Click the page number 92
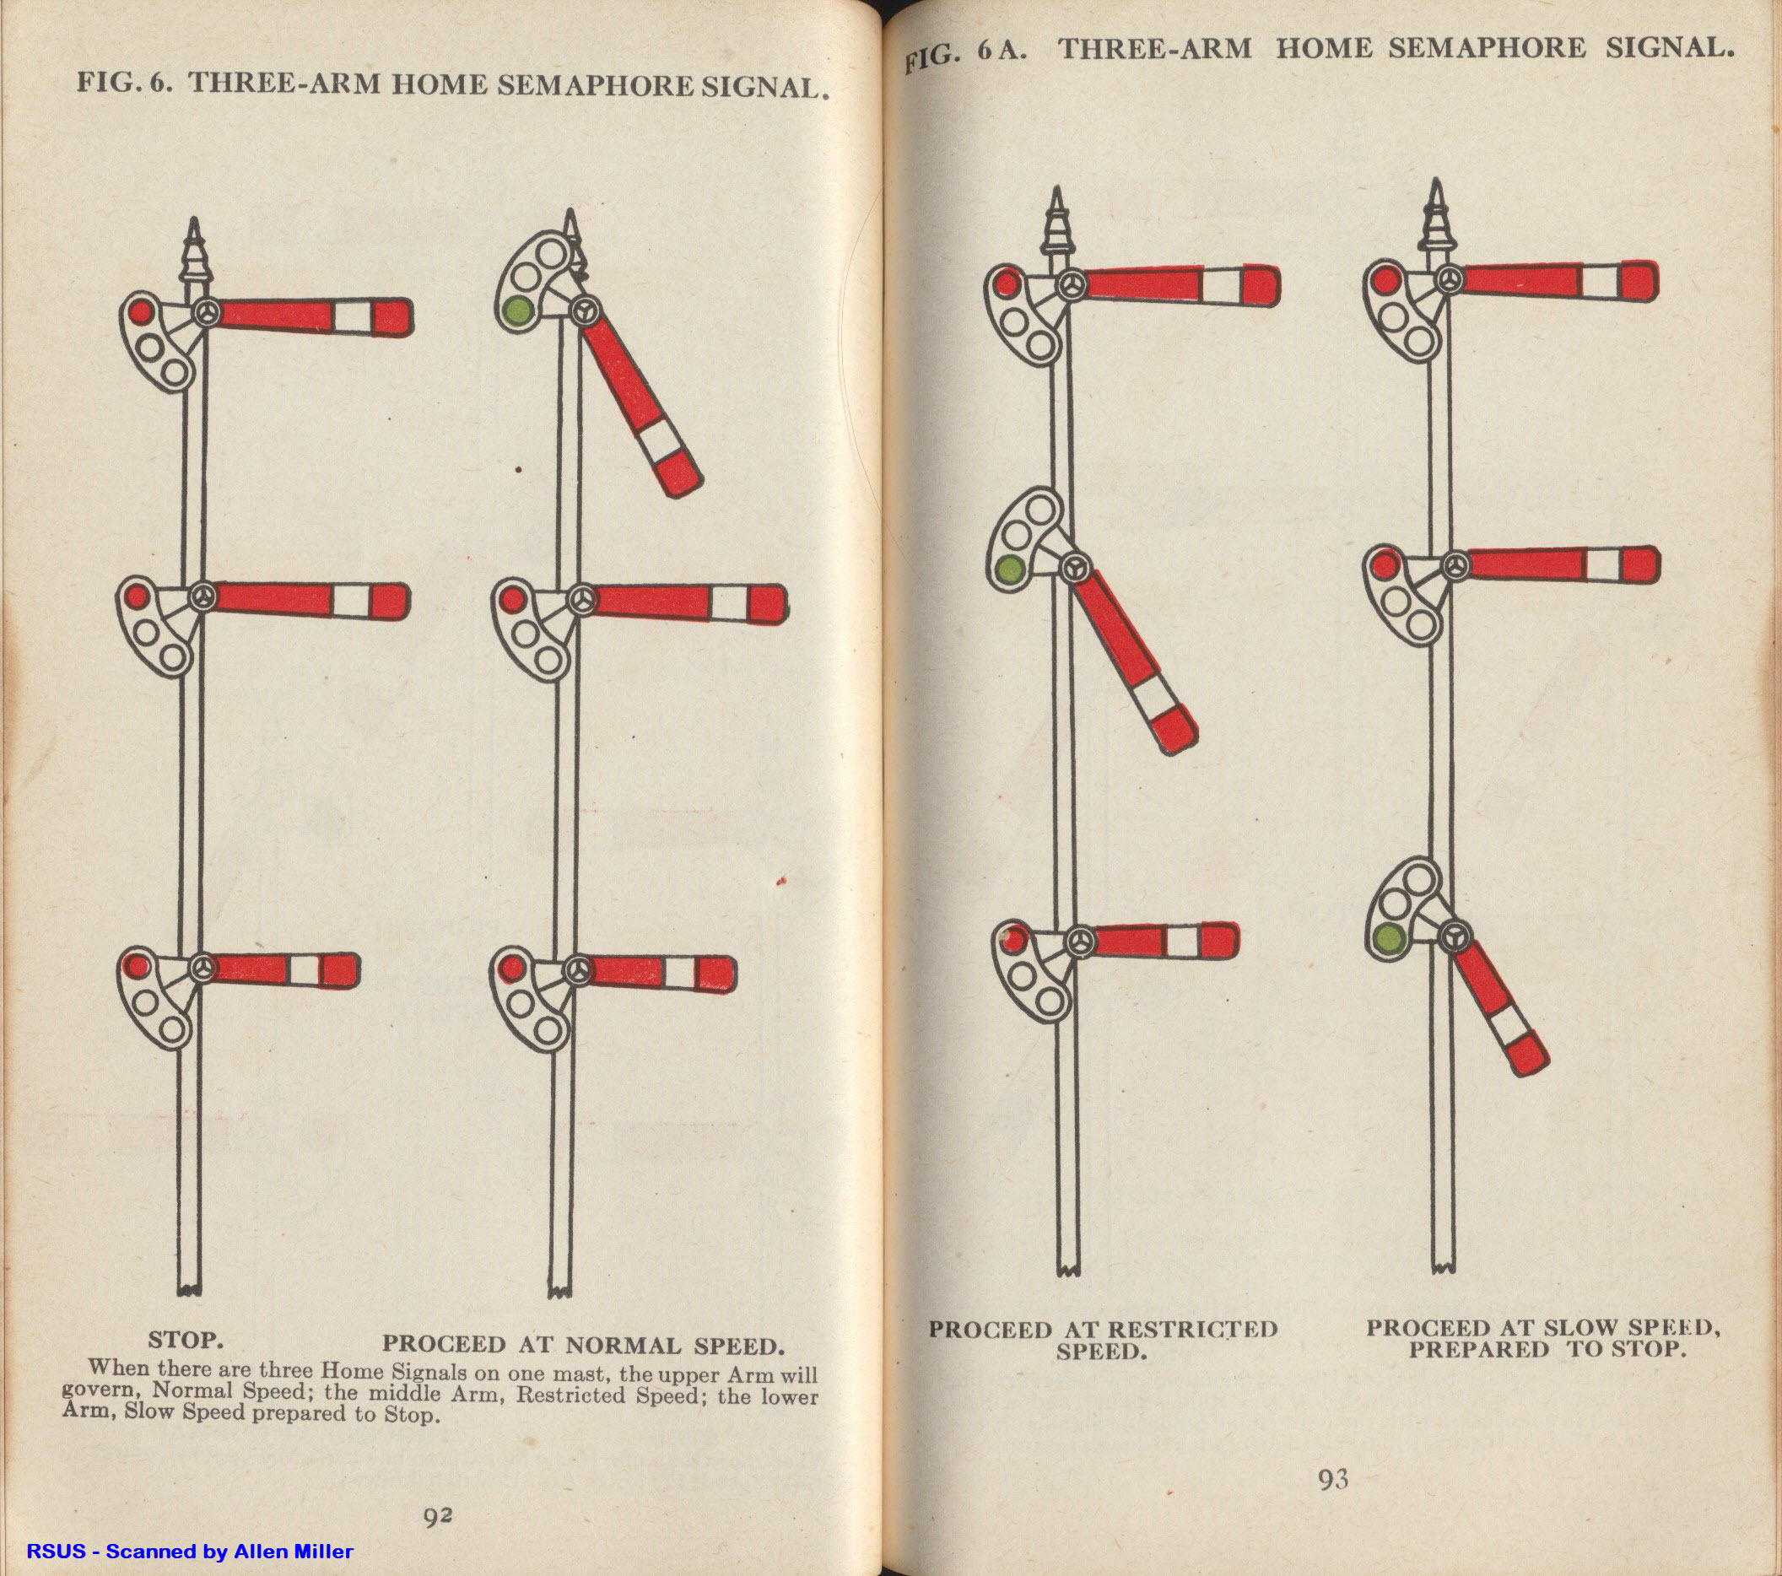[x=438, y=1518]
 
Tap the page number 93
[x=1333, y=1479]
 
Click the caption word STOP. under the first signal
[x=185, y=1340]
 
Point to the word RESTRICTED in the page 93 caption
[x=1191, y=1330]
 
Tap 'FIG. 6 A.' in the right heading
[x=964, y=54]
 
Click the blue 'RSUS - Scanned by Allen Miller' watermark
[x=189, y=1551]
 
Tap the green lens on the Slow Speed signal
[x=1388, y=939]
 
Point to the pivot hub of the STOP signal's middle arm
[x=204, y=598]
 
